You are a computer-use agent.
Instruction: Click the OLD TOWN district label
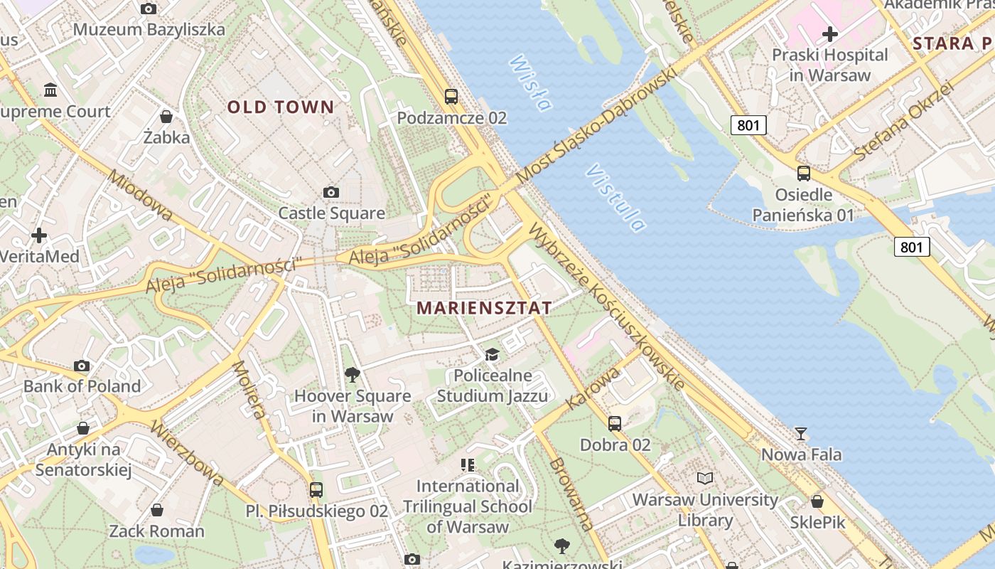(x=280, y=107)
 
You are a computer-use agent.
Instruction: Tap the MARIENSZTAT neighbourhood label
(x=484, y=308)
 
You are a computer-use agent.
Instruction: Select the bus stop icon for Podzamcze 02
(x=451, y=96)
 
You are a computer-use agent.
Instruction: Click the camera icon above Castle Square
(x=330, y=192)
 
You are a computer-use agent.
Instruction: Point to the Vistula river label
(x=616, y=198)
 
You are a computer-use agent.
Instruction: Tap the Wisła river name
(x=530, y=83)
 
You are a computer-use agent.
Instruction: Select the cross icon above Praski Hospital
(x=829, y=33)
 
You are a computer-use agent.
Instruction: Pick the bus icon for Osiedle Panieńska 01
(x=803, y=173)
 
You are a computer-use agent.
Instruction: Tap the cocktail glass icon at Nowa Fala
(x=801, y=433)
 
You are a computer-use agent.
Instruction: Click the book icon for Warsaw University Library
(x=704, y=478)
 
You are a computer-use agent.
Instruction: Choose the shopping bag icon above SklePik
(x=817, y=501)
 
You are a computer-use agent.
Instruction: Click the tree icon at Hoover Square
(x=352, y=374)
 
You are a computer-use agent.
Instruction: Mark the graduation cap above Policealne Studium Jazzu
(x=492, y=354)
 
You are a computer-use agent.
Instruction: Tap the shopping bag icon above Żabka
(x=166, y=116)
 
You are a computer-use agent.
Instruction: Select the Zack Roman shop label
(x=156, y=531)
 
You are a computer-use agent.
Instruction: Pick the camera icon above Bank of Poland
(x=82, y=366)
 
